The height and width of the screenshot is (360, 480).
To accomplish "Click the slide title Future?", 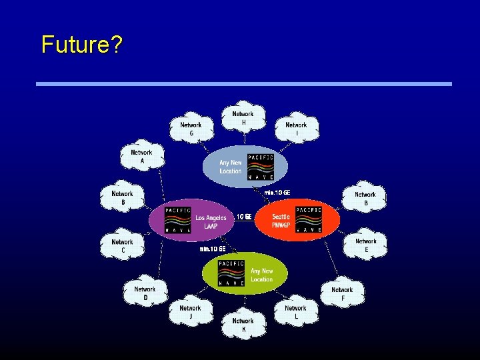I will (x=81, y=45).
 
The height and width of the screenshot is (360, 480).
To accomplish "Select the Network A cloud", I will (x=141, y=157).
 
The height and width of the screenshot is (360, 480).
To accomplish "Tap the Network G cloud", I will (x=191, y=129).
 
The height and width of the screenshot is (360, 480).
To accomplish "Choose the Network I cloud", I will (x=296, y=129).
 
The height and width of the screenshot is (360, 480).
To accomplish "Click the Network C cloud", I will (x=122, y=246).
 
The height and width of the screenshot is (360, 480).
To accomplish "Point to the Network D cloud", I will (x=145, y=293).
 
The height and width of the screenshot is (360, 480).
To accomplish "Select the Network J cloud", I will (x=190, y=312).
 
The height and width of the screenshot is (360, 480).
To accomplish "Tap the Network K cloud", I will (x=243, y=325).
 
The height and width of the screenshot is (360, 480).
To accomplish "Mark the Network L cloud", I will (x=296, y=312).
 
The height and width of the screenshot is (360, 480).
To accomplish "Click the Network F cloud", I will (x=342, y=293).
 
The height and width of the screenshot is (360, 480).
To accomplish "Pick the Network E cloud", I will (x=365, y=245).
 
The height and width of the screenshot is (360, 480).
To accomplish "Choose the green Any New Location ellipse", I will (x=245, y=273).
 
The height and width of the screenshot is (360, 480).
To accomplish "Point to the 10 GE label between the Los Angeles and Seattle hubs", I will (x=245, y=217).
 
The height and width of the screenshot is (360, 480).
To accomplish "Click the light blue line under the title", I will (x=243, y=84).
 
